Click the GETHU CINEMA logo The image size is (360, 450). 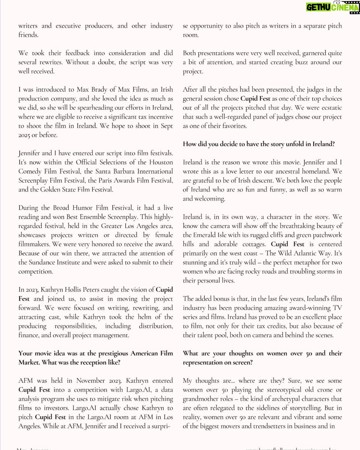[x=332, y=7]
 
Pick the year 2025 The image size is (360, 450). [x=24, y=135]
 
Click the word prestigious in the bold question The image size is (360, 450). [x=113, y=354]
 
